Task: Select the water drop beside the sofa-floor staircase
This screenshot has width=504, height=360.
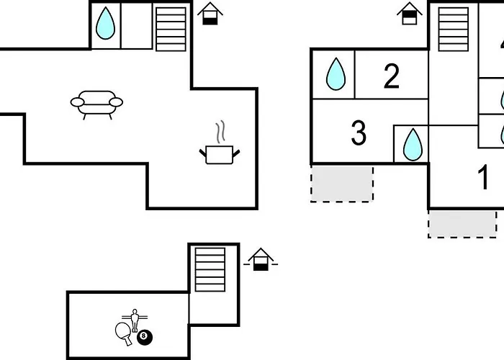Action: [105, 24]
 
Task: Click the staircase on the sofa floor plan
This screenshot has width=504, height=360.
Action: [171, 28]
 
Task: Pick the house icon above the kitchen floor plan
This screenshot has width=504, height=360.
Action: [210, 14]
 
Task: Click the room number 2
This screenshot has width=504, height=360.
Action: [391, 76]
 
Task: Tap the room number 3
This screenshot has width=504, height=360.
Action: [358, 133]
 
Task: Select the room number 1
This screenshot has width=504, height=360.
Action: [485, 178]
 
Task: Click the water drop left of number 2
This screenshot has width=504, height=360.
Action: [335, 74]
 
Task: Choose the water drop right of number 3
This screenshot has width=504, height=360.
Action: [412, 144]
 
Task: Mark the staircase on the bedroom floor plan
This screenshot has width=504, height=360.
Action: [453, 29]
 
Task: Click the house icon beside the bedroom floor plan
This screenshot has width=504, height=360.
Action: [409, 14]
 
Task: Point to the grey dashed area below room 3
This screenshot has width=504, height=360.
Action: [342, 183]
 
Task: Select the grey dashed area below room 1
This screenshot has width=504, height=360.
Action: [462, 223]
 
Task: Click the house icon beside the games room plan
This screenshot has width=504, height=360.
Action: [260, 259]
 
